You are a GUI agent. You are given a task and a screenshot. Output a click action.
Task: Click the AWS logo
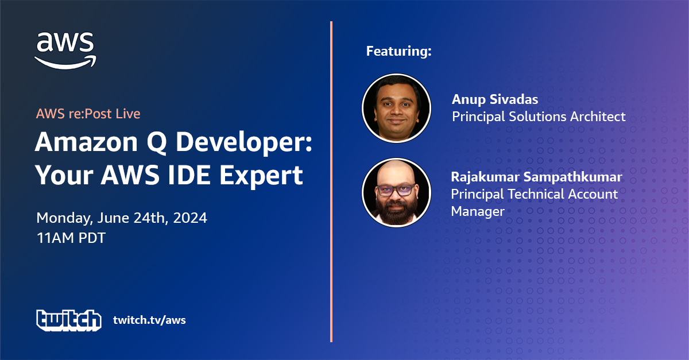tap(65, 51)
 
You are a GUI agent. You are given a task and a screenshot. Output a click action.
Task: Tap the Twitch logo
tap(69, 320)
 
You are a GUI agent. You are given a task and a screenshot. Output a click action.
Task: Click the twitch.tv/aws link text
tap(149, 320)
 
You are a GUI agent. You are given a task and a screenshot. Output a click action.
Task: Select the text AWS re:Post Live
tap(88, 114)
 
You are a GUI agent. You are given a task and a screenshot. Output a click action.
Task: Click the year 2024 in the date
tap(190, 218)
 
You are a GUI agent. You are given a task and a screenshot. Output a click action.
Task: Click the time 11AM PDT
tap(71, 238)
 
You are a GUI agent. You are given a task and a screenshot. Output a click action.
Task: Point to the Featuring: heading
tap(398, 51)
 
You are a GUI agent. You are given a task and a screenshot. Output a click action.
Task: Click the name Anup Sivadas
tap(495, 100)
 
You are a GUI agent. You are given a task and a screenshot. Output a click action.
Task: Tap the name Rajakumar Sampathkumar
tap(536, 177)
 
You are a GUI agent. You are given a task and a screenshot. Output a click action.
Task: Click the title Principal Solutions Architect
tap(539, 117)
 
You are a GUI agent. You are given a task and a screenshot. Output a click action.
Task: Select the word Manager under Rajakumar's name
tap(478, 212)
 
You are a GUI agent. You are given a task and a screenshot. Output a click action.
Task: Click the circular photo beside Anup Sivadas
tap(397, 109)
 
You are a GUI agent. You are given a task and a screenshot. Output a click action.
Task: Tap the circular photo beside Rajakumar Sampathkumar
tap(397, 193)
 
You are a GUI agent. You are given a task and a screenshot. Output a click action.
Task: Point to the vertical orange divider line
tap(331, 181)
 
